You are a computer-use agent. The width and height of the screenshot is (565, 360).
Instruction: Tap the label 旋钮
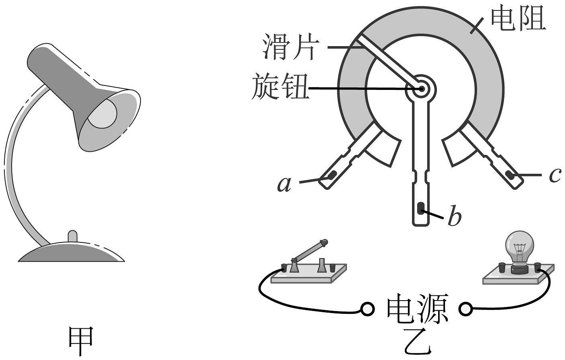[x=280, y=87]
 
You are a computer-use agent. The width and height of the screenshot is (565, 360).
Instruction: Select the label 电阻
[x=518, y=19]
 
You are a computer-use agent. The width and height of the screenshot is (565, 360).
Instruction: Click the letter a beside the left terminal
[x=284, y=184]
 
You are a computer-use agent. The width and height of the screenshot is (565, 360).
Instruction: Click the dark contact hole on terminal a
[x=332, y=175]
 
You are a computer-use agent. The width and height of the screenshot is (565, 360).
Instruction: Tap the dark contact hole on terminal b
[x=420, y=207]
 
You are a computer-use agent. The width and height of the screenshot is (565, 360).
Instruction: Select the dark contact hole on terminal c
[x=510, y=175]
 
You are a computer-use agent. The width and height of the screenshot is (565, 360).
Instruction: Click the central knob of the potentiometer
[x=420, y=89]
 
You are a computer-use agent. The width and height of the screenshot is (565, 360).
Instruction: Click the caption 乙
[x=418, y=343]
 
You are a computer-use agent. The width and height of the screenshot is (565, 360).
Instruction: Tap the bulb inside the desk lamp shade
[x=102, y=113]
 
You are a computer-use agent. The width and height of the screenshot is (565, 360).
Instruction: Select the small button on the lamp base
[x=72, y=236]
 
